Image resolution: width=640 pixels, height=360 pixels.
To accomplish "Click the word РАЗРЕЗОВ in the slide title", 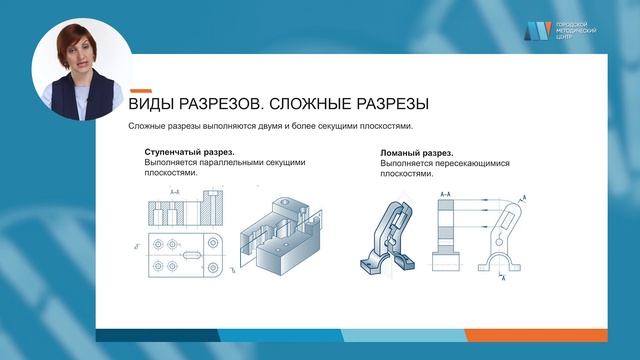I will point(219,103).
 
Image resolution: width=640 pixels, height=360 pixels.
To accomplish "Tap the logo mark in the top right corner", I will point(538,31).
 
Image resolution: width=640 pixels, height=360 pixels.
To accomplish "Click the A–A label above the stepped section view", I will point(175,190).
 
